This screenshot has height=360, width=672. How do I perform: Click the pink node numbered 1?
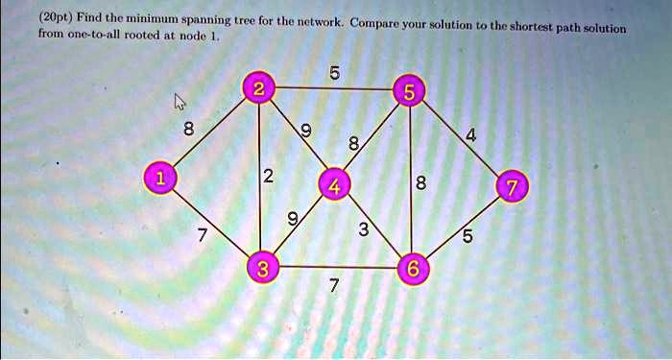point(158,179)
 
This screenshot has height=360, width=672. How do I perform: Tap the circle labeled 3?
point(261,269)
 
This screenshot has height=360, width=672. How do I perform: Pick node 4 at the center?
point(334,184)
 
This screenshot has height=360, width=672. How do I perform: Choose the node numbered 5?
point(410,93)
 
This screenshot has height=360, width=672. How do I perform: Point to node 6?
point(410,270)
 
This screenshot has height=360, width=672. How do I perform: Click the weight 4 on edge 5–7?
point(469,136)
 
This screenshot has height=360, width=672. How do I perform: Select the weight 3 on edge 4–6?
point(362,229)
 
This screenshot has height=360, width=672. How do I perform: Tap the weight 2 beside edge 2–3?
point(269,176)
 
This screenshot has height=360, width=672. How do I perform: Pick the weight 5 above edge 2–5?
point(332,70)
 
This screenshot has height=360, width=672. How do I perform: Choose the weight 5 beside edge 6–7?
point(468,237)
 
